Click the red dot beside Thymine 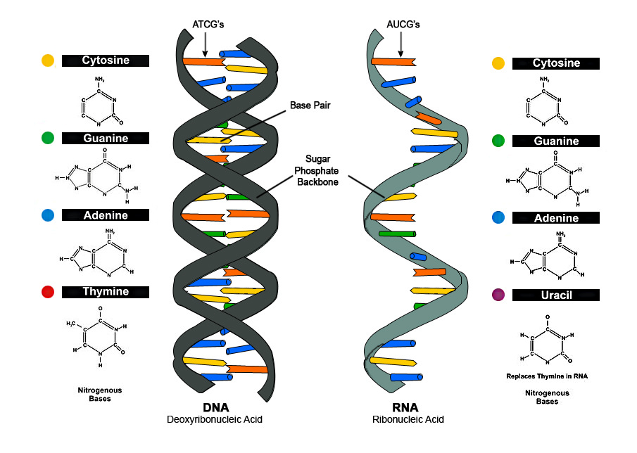tap(48, 292)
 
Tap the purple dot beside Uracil tap(498, 295)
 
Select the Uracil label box tap(556, 295)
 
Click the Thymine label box tap(106, 292)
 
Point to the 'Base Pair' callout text tap(310, 106)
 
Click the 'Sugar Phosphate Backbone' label tap(322, 170)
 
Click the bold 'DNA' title tap(215, 408)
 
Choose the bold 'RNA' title tap(405, 408)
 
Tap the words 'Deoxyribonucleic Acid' tap(215, 420)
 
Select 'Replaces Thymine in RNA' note tap(547, 376)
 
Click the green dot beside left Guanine tap(48, 138)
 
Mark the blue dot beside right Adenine tap(498, 218)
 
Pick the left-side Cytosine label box tap(106, 60)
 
